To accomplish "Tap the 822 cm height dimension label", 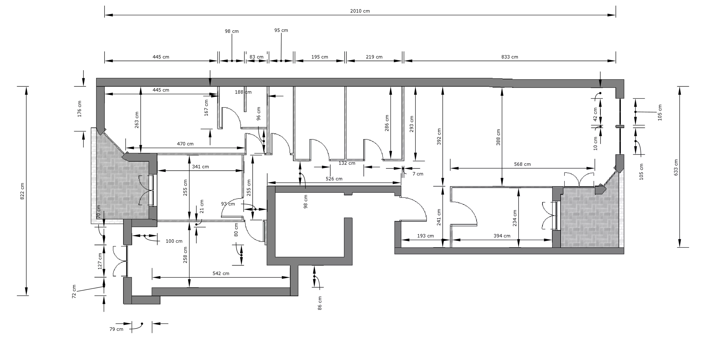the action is [x=22, y=191].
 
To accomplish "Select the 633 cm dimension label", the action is [x=676, y=167].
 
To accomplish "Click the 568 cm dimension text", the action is [x=522, y=164].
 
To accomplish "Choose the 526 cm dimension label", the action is [x=334, y=179].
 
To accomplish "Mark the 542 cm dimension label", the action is [x=221, y=273].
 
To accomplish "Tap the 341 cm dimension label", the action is [x=200, y=167].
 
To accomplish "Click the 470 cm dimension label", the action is [x=185, y=144].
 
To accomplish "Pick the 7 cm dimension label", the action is [x=418, y=174].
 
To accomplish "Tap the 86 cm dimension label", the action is [x=320, y=303].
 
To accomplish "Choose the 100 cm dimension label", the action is [x=174, y=241].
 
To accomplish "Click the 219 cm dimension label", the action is [x=374, y=57].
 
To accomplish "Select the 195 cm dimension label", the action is [x=320, y=57].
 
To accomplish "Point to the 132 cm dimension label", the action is [x=347, y=163].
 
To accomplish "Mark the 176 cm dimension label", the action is [x=80, y=109].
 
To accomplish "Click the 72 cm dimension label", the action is [x=74, y=292].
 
